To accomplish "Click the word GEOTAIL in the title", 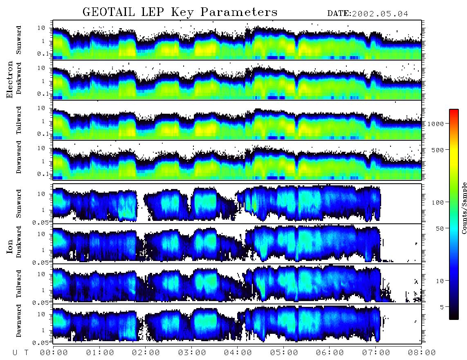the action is tap(108, 12).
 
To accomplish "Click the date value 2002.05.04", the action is tap(380, 14).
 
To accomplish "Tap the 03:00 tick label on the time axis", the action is tap(192, 353).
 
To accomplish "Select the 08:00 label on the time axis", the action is tap(422, 353).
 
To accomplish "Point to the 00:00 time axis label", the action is tap(54, 353).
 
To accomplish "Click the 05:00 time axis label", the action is tap(284, 353).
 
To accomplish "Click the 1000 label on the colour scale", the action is tap(436, 124).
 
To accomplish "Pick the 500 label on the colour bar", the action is tap(438, 150).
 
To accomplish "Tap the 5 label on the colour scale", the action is tap(442, 307).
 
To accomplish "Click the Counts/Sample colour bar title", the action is tap(464, 208).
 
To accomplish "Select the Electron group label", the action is tap(10, 79).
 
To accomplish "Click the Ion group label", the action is tap(10, 247).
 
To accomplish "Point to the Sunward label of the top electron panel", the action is tap(19, 40).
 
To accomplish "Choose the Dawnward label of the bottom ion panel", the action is tap(19, 321).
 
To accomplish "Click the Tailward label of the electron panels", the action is tap(19, 120).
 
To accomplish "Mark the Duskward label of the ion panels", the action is tap(19, 242).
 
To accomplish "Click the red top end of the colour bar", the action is tap(454, 110).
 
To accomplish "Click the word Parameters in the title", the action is tap(239, 12).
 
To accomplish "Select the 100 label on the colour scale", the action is tap(438, 202).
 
